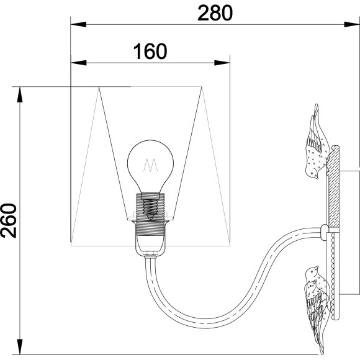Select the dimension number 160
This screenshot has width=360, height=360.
point(150,51)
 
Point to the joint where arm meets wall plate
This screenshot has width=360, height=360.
point(325,232)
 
